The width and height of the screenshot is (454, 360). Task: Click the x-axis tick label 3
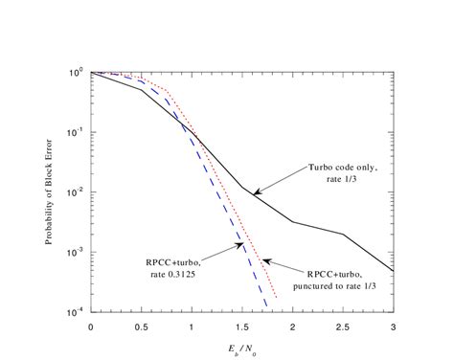pos(393,326)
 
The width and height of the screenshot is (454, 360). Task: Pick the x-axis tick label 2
pos(292,326)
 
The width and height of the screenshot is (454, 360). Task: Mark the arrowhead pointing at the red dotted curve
pos(263,259)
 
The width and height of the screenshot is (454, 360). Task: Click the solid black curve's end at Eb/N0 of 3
pos(393,270)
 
